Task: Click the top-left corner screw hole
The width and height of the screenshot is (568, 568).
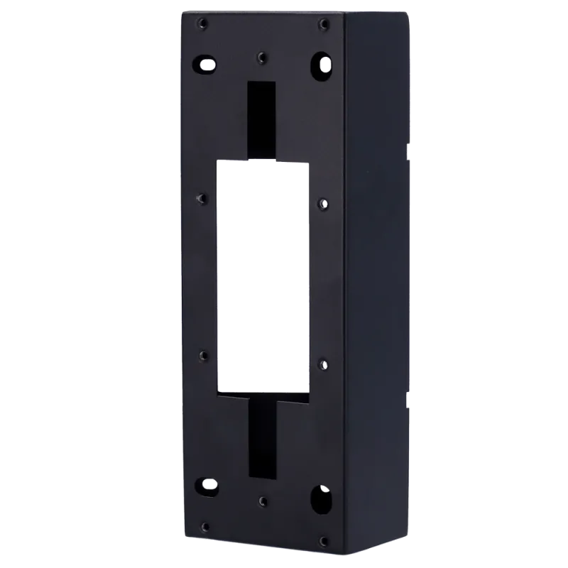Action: (203, 24)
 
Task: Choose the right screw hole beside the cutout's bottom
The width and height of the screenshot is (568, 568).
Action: (324, 366)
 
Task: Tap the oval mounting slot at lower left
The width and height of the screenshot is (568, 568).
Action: (207, 486)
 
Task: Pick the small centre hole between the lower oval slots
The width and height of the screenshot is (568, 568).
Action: (263, 501)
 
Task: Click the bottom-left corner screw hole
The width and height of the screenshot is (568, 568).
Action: (204, 526)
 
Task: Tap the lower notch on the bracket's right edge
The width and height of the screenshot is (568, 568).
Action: (408, 399)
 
